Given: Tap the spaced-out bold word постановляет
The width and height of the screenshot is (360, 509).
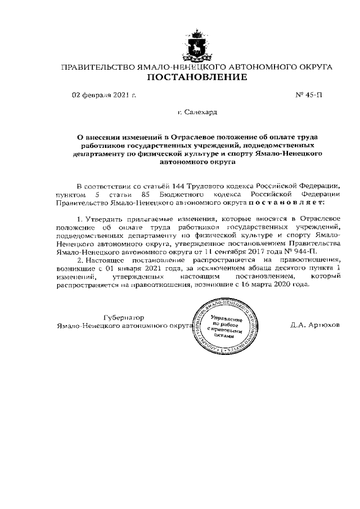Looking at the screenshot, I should pyautogui.click(x=286, y=201).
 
